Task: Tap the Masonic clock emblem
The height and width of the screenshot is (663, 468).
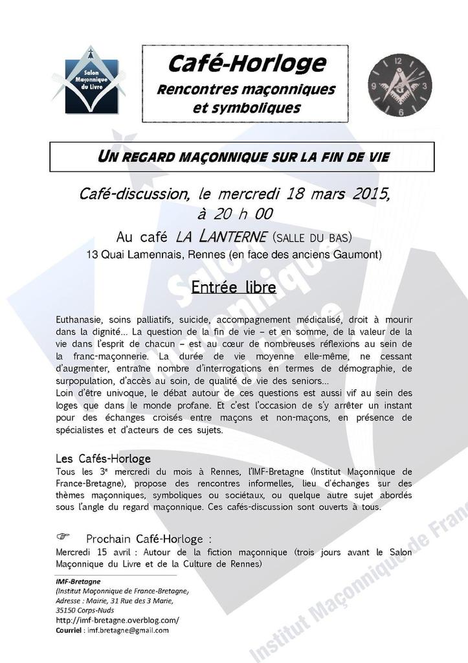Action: [x=399, y=85]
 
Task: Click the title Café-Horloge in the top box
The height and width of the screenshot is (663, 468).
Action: [x=246, y=63]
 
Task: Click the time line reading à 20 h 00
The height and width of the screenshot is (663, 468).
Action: [x=234, y=214]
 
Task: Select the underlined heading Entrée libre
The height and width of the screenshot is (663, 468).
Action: [x=234, y=287]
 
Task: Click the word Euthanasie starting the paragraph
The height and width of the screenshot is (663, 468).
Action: [x=79, y=320]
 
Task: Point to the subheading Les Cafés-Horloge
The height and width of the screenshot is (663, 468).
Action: [x=103, y=458]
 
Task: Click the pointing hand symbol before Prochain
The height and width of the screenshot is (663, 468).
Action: [x=63, y=537]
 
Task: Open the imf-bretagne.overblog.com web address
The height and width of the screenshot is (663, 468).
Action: [x=117, y=620]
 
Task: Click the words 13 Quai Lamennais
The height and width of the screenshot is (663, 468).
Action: [x=133, y=254]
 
